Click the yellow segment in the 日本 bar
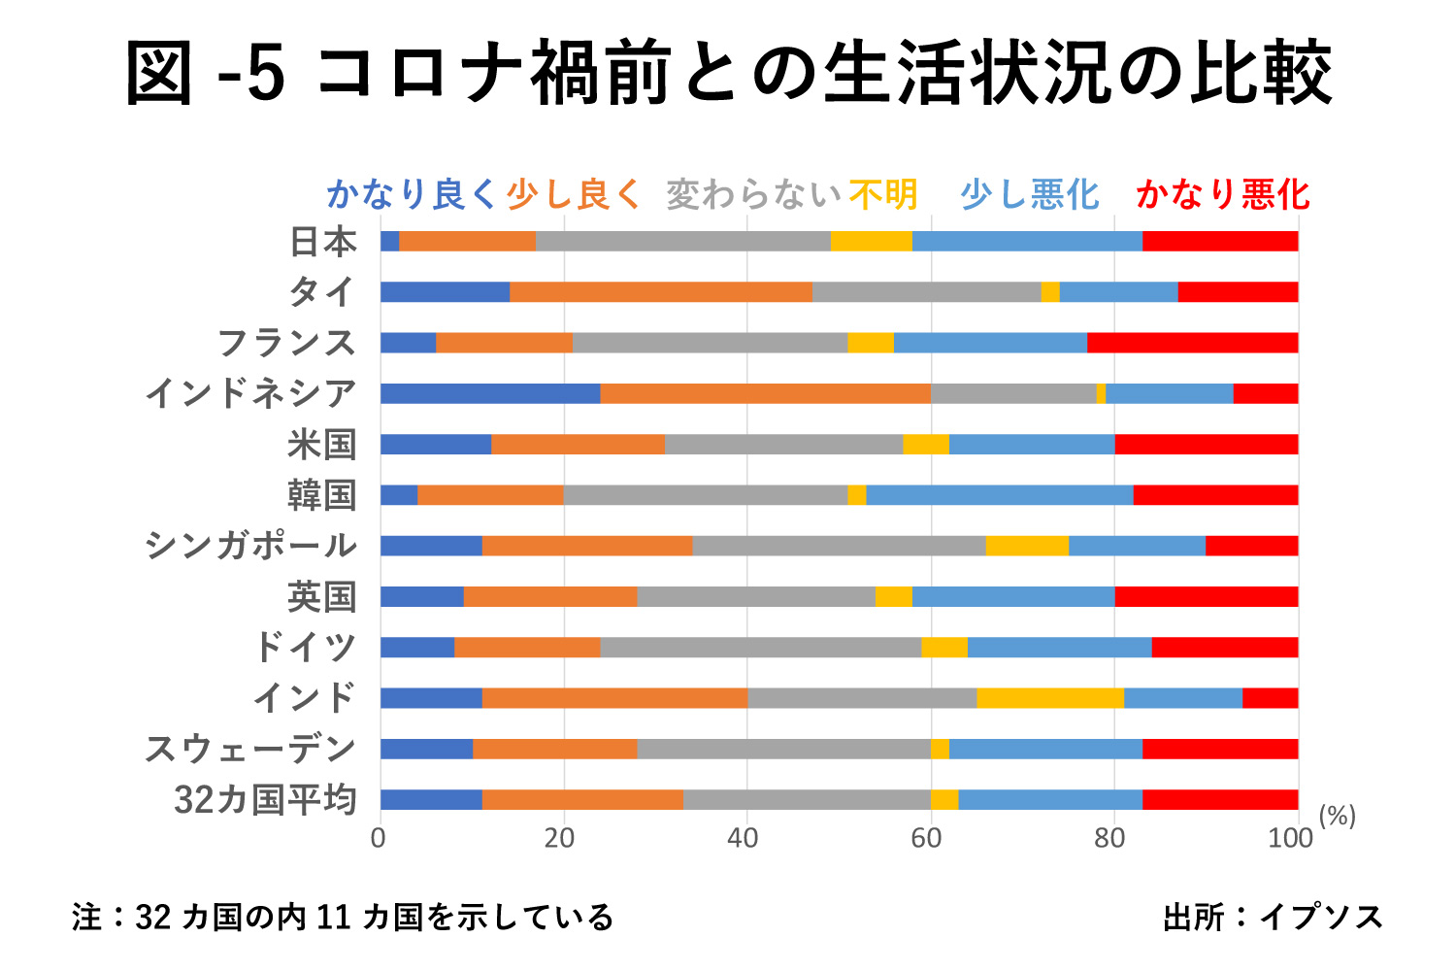(871, 242)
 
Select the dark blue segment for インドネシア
(490, 393)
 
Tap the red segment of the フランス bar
(1192, 343)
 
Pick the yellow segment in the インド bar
(1050, 698)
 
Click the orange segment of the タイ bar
(661, 292)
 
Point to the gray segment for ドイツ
(760, 647)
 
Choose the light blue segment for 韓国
(999, 495)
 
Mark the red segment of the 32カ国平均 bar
(1220, 800)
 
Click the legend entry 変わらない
(753, 195)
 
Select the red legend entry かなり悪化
(1223, 195)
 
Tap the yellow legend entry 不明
(883, 195)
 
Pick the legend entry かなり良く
(412, 195)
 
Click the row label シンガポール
(251, 546)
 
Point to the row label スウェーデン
(251, 749)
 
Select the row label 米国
(322, 445)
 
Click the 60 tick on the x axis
(925, 839)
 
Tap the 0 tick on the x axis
(379, 839)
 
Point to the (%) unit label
(1337, 817)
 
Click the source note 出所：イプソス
(1273, 917)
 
